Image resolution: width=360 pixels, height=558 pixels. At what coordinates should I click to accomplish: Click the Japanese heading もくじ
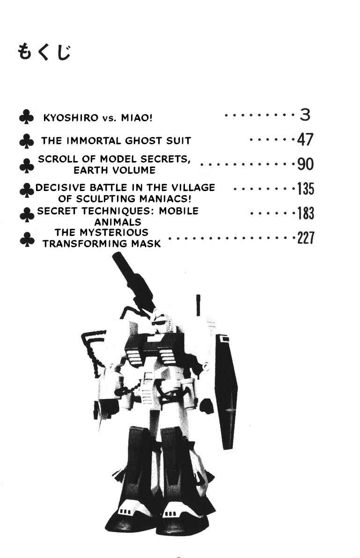click(x=44, y=52)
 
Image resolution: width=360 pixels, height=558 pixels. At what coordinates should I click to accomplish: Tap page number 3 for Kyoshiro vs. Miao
click(x=305, y=115)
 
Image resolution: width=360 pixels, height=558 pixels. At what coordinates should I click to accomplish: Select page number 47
click(x=305, y=139)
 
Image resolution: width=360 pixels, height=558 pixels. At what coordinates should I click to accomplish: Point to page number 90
click(x=305, y=164)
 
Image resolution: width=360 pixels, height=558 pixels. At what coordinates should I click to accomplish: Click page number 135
click(x=306, y=189)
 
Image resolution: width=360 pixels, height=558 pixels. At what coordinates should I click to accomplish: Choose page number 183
click(x=306, y=213)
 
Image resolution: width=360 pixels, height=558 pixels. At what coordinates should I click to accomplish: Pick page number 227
click(x=306, y=238)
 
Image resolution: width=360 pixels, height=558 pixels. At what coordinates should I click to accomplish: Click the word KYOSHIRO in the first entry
click(x=70, y=118)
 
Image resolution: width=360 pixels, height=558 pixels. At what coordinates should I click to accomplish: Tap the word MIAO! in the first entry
click(x=137, y=118)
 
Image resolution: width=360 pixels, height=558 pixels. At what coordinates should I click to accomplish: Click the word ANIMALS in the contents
click(x=118, y=222)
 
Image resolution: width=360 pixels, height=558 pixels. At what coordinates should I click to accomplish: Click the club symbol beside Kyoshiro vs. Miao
click(x=26, y=117)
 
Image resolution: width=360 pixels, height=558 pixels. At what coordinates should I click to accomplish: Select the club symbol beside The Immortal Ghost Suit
click(x=26, y=141)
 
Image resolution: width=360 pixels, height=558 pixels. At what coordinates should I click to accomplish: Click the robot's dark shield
click(x=226, y=391)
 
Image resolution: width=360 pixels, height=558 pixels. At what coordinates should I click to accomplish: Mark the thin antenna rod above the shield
click(x=198, y=305)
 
